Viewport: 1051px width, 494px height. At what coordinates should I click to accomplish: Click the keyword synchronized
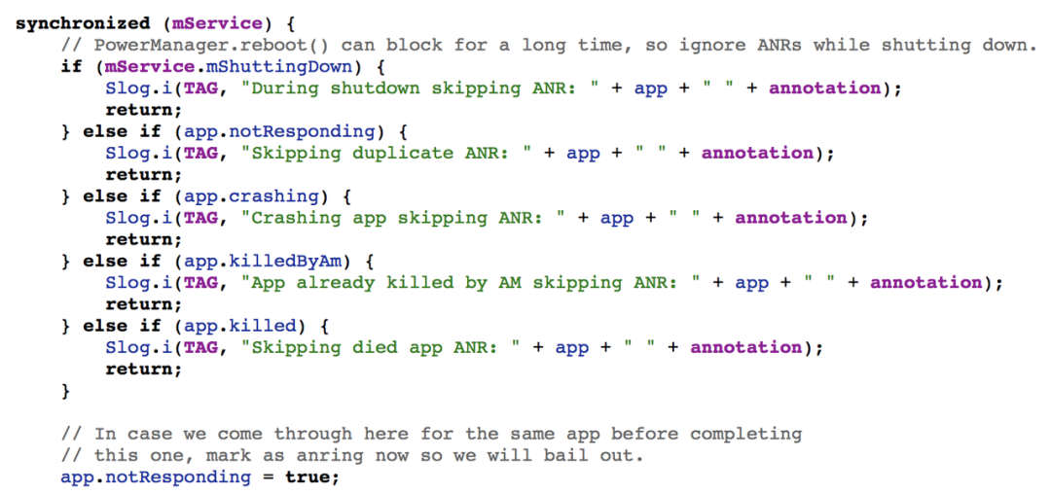[x=83, y=24]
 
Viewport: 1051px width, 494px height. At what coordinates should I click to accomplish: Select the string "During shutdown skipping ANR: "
[x=420, y=89]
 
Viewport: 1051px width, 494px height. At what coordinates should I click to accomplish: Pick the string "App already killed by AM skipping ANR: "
[x=471, y=283]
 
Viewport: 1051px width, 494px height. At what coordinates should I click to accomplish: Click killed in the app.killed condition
[x=263, y=327]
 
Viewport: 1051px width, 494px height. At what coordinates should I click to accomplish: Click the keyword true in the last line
[x=308, y=477]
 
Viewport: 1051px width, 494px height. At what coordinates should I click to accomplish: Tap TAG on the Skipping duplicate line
[x=201, y=154]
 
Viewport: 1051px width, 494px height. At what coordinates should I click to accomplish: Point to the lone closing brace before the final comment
[x=66, y=392]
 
